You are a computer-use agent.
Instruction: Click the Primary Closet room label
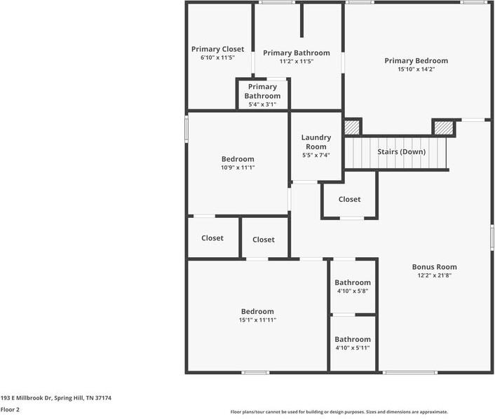coord(217,49)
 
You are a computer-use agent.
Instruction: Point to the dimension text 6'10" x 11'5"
coord(217,57)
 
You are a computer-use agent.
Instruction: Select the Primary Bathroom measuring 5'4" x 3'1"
coord(262,91)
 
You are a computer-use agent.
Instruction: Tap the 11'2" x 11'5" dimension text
coord(296,61)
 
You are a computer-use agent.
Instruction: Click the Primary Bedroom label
coord(416,61)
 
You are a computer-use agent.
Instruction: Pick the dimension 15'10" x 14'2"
coord(416,69)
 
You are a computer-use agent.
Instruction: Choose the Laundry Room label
coord(316,142)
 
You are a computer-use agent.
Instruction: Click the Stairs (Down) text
coord(401,151)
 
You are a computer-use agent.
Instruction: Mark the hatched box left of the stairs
coord(351,128)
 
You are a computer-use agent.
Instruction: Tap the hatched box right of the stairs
coord(443,128)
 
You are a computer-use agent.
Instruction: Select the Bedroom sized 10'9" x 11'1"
coord(238,159)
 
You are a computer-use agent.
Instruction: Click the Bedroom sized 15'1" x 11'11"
coord(257,311)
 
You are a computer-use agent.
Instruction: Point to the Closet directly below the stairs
coord(349,199)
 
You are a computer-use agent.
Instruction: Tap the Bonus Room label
coord(434,267)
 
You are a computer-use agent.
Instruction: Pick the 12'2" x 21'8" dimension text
coord(434,275)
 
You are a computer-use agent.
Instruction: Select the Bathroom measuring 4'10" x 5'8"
coord(353,283)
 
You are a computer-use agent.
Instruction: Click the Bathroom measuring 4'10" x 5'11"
coord(353,339)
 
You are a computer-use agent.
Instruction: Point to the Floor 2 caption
coord(10,409)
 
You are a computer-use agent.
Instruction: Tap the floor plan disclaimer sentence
coord(339,412)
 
